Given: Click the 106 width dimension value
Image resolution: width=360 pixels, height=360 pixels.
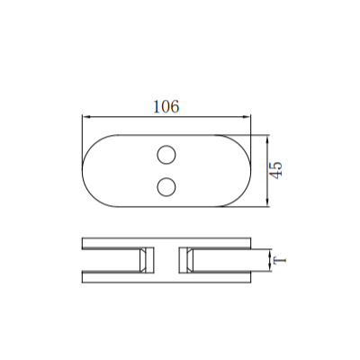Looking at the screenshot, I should point(166,106).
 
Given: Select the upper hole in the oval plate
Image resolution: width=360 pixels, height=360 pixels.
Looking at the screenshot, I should point(166,155).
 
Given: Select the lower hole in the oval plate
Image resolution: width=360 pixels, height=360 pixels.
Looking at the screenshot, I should point(166,186).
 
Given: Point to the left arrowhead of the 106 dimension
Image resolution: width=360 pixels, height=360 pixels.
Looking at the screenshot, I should point(85,116).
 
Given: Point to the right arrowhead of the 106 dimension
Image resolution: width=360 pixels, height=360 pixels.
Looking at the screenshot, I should point(246,116).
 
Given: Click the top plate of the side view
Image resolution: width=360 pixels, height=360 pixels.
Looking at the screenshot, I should point(166,243).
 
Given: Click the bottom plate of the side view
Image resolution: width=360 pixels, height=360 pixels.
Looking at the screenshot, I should point(166,276).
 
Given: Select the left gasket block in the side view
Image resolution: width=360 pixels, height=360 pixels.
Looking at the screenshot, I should point(143,260).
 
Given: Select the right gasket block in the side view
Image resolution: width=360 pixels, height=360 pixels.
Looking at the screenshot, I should point(187,260).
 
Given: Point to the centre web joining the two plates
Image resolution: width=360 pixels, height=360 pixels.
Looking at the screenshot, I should point(166,260).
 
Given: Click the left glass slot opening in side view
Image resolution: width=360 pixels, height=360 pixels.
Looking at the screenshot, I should point(108,260).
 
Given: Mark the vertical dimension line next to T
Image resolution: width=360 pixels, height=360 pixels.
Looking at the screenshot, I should point(269,261).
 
